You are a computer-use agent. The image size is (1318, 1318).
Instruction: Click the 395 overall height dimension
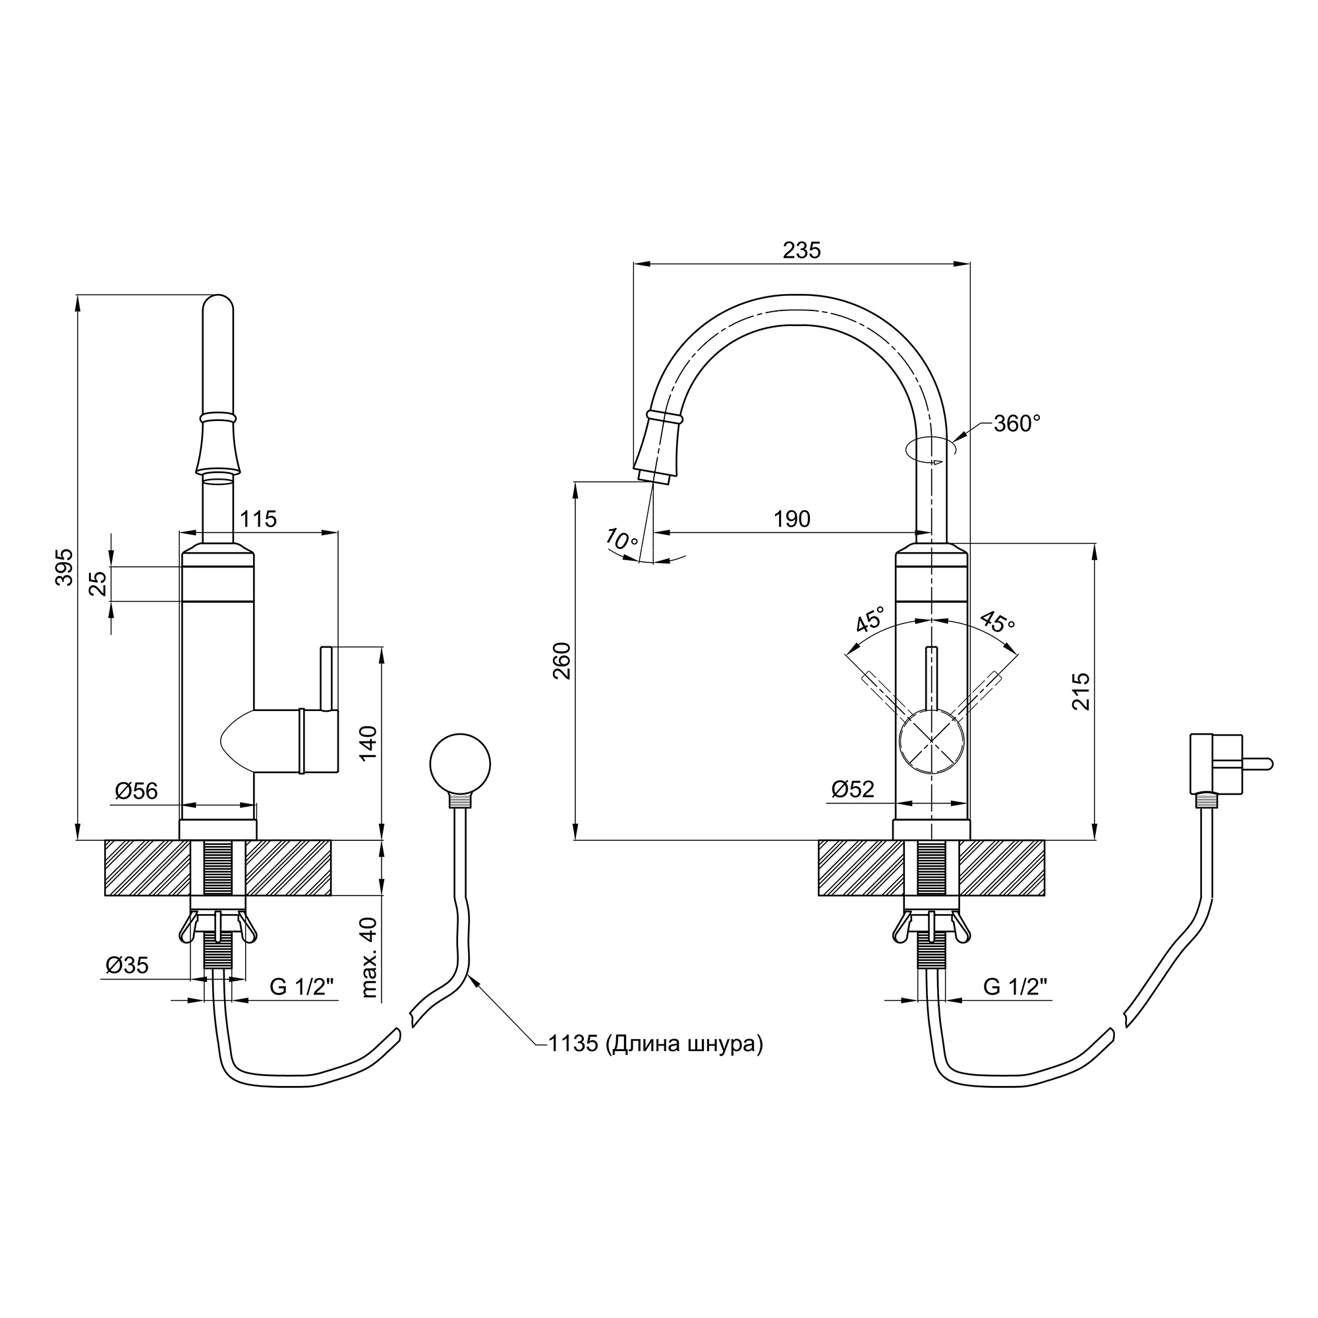tap(64, 566)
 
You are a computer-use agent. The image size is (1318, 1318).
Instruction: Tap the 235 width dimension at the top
tap(801, 250)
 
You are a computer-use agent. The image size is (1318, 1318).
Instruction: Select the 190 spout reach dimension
tap(792, 519)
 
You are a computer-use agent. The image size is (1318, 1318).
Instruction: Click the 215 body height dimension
tap(1081, 691)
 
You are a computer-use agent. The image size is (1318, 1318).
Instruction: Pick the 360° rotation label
tap(1017, 424)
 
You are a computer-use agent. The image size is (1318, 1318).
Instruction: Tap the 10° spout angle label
tap(621, 540)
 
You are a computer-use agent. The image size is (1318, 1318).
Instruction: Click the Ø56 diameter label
tap(136, 791)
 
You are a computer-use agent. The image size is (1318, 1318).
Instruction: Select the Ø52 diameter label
tap(853, 789)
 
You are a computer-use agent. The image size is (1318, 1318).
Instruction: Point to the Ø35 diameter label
tap(127, 965)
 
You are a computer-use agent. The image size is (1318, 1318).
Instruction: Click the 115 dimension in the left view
tap(258, 519)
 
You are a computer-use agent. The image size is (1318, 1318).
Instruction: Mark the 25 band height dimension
tap(100, 584)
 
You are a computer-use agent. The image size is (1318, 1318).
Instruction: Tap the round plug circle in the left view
tap(461, 764)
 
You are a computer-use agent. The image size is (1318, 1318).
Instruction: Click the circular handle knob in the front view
tap(931, 741)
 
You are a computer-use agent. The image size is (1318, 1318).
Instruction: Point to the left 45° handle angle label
tap(871, 619)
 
